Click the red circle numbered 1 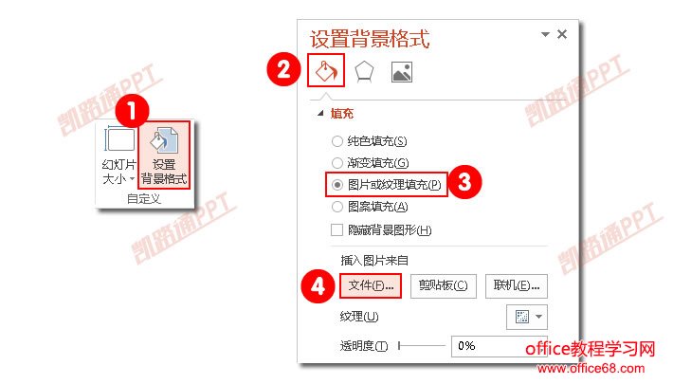132,111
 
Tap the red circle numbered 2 283,69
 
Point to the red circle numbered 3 464,182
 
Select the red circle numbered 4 318,286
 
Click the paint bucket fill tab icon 326,70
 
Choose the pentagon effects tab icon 364,71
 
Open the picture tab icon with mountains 402,72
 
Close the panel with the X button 562,34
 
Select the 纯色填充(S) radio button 337,141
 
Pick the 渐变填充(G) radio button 337,163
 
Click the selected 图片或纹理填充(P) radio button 337,185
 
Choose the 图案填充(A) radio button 337,207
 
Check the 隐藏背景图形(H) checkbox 336,229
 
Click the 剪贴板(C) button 444,285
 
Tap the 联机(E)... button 517,285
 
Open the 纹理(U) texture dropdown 527,317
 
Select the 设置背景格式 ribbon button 164,155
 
